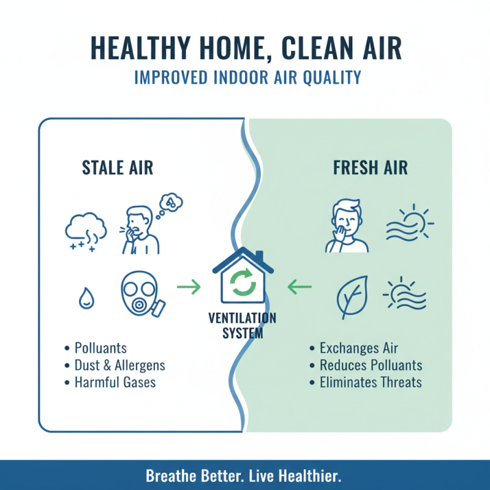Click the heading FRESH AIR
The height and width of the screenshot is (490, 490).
(x=370, y=168)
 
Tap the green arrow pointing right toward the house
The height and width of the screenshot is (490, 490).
(x=189, y=285)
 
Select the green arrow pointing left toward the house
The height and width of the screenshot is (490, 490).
(x=300, y=285)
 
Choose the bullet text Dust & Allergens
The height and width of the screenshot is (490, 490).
(x=119, y=366)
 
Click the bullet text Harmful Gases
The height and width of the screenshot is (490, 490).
(x=115, y=383)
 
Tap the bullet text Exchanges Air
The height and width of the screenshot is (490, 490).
(x=359, y=349)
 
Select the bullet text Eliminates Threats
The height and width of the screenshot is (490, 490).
(x=371, y=383)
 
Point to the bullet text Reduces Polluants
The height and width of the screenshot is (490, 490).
(x=371, y=366)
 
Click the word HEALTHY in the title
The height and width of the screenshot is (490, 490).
(x=145, y=48)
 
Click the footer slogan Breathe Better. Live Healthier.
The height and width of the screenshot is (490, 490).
(x=243, y=476)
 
